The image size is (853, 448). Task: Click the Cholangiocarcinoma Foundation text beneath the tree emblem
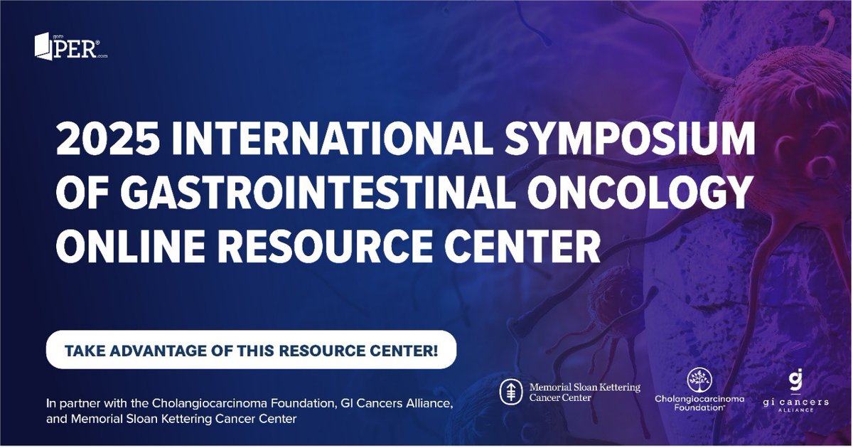(699, 403)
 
